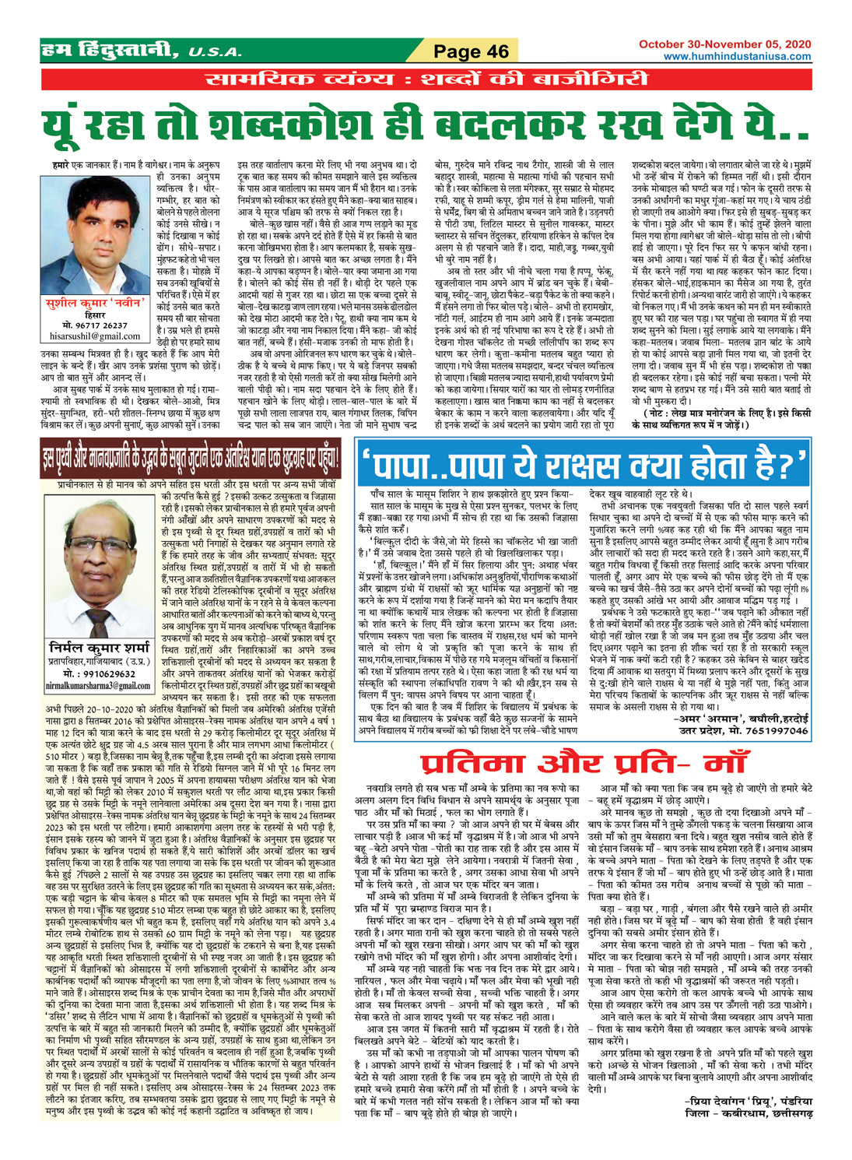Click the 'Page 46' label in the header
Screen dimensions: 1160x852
pyautogui.click(x=471, y=52)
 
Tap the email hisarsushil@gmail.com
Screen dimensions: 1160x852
pyautogui.click(x=94, y=337)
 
